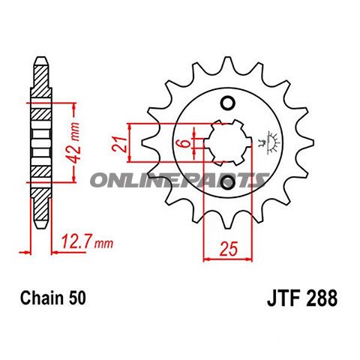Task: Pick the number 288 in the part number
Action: click(320, 298)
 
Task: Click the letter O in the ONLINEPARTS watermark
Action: click(100, 179)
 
